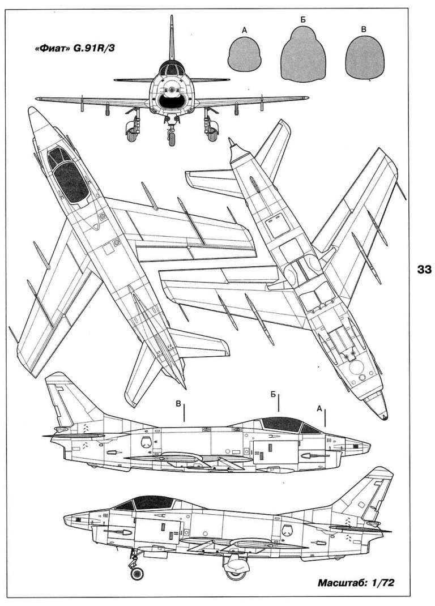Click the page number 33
[x=424, y=270]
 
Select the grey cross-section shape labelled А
[x=245, y=57]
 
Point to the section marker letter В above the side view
[x=178, y=404]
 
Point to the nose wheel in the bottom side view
[x=137, y=574]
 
